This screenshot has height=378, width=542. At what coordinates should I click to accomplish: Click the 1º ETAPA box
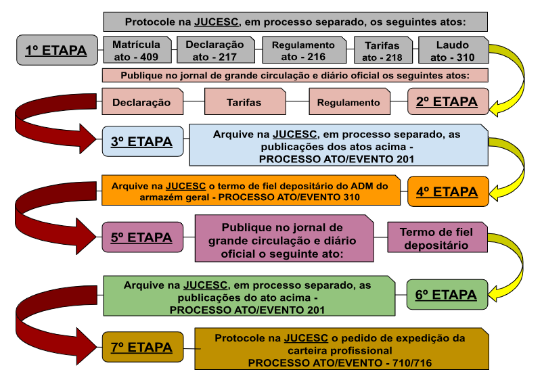click(x=58, y=50)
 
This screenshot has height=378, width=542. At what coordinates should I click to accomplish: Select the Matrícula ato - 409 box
click(x=137, y=50)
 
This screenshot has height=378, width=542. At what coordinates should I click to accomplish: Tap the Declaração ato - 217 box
click(x=216, y=50)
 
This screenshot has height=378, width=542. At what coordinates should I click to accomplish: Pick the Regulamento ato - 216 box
click(x=304, y=50)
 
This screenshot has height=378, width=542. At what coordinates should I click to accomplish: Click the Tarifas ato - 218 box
click(x=383, y=51)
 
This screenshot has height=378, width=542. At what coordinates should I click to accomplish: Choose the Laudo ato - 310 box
click(x=453, y=51)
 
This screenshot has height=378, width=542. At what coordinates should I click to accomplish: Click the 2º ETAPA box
click(x=448, y=101)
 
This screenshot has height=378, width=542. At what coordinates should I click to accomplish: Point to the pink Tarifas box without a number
click(x=245, y=101)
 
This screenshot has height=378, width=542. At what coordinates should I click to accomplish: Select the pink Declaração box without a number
click(x=142, y=101)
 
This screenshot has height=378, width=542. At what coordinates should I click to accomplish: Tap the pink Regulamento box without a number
click(x=349, y=101)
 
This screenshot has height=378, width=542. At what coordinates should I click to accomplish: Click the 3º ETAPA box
click(x=143, y=141)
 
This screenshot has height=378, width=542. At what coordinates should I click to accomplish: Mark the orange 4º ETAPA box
click(x=449, y=191)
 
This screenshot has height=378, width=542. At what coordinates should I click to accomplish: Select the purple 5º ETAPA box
click(x=142, y=237)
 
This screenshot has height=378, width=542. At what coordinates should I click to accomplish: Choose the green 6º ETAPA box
click(x=447, y=295)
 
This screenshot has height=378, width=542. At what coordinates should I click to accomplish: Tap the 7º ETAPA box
click(x=143, y=348)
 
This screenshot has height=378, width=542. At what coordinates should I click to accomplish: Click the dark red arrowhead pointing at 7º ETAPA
click(x=87, y=347)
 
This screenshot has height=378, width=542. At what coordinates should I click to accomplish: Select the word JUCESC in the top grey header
click(x=217, y=22)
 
